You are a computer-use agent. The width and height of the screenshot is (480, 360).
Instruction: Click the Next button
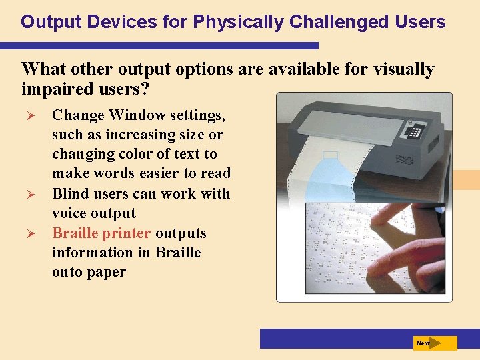[x=435, y=343]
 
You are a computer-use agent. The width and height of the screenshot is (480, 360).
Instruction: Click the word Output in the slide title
[x=45, y=22]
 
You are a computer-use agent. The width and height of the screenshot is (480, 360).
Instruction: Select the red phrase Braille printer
[x=102, y=233]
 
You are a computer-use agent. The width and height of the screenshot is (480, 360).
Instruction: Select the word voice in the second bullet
[x=70, y=214]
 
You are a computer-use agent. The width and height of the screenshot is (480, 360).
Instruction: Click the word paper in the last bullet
[x=107, y=272]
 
